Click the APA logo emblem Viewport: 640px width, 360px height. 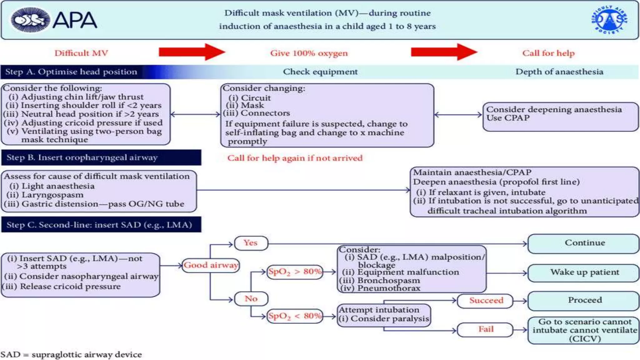click(x=30, y=20)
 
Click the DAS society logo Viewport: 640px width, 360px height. click(x=609, y=20)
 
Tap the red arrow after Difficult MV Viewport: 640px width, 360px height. click(x=192, y=52)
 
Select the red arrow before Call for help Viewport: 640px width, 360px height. click(x=444, y=52)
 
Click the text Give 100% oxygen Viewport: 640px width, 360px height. click(x=309, y=53)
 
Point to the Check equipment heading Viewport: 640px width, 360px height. click(x=320, y=72)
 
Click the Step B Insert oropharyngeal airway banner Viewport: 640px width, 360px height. click(x=101, y=157)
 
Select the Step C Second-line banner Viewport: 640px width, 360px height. click(x=101, y=225)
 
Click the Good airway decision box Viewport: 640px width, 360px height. click(x=211, y=265)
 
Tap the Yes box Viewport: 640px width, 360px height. click(x=251, y=243)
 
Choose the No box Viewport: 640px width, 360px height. click(x=251, y=299)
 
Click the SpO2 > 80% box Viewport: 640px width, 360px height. click(x=295, y=272)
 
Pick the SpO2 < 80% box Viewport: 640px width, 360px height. click(x=295, y=316)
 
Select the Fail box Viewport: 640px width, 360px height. click(x=485, y=329)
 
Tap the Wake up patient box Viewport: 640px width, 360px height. click(x=584, y=272)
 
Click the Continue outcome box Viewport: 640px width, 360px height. click(x=584, y=243)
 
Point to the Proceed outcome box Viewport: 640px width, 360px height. click(x=584, y=300)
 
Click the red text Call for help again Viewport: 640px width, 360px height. click(x=295, y=158)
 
